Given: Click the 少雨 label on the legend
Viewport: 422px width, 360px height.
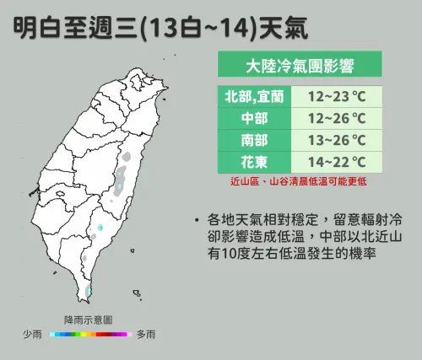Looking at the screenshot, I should (33, 335).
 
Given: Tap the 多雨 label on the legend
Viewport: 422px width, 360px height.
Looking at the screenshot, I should (144, 335).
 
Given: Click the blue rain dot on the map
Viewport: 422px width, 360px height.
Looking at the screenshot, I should (100, 228).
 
